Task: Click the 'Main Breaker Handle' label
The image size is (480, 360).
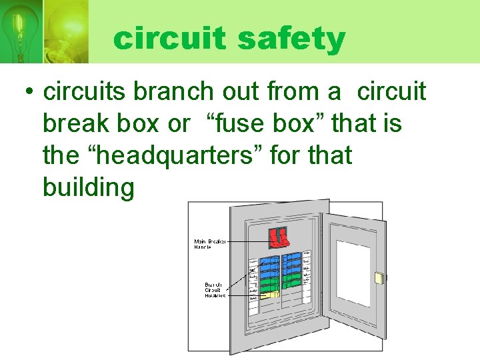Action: click(210, 244)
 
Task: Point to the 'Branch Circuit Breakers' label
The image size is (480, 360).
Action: click(215, 289)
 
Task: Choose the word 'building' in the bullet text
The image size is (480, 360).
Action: click(88, 187)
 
